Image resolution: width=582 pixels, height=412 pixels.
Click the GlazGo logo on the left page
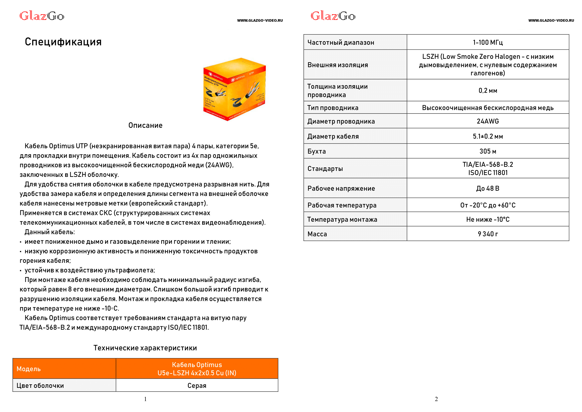point(42,16)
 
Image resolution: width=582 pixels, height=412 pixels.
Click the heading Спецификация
point(63,42)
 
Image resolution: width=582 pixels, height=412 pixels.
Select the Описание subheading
point(145,125)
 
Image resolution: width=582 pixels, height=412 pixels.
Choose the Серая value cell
point(197,385)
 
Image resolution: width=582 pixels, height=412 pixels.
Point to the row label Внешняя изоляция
point(337,65)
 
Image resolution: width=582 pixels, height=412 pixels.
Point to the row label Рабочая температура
point(342,205)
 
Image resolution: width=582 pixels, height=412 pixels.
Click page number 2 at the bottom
point(436,399)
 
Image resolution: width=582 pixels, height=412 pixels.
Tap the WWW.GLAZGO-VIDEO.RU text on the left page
point(260,20)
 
